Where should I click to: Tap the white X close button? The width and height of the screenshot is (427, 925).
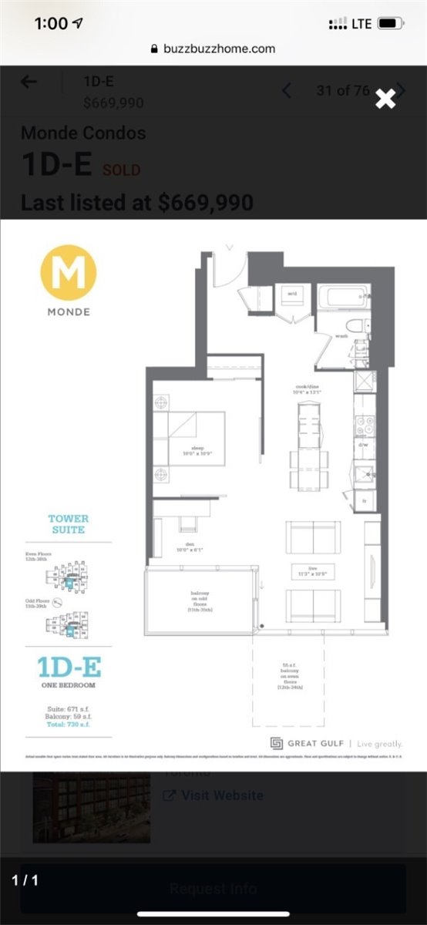point(385,98)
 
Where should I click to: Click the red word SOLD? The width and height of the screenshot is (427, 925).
point(122,170)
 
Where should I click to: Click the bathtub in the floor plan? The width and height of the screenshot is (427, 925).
point(344,297)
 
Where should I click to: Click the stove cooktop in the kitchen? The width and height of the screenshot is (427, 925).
point(364,426)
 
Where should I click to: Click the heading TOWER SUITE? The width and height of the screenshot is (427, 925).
point(69,524)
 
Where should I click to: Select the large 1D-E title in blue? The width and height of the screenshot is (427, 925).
point(69,667)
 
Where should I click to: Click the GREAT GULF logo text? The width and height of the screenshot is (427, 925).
point(313,743)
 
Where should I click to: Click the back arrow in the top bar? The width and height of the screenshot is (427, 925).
point(29,82)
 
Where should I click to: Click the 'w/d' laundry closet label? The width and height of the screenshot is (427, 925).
point(293,294)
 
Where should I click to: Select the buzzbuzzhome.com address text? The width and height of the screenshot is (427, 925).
point(220,49)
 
